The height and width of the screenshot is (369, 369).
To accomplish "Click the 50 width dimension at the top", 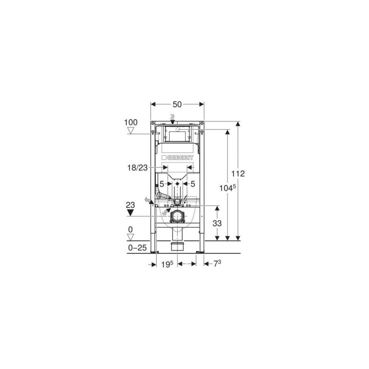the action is coord(177,104).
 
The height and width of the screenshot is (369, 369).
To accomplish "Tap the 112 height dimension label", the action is coord(238,174).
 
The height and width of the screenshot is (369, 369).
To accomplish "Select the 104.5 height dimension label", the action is coord(228,188).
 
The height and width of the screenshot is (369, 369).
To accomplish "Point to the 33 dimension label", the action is coord(217,223).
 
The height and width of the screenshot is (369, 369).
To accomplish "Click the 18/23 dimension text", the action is coord(137,168).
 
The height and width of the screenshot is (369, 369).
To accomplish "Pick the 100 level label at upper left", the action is coord(131,123).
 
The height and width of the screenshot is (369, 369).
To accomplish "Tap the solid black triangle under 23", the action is coord(130,213).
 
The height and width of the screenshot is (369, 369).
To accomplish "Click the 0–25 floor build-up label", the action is coord(137,248).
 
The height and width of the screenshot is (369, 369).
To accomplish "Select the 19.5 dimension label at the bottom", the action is coord(167,264).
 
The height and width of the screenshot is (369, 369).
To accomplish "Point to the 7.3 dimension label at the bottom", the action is coord(217,263).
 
